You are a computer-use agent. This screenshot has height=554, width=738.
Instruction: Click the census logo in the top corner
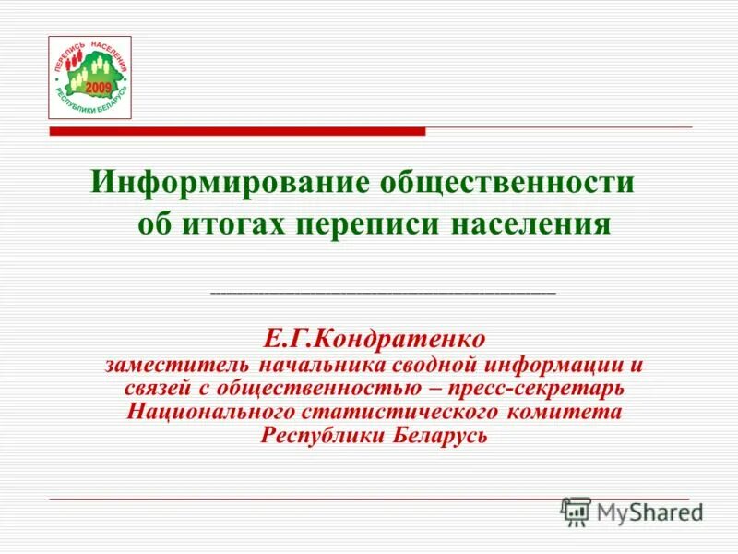(89, 78)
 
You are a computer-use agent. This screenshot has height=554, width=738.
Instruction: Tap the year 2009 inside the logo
(99, 86)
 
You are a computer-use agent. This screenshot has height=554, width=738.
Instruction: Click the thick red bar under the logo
(237, 132)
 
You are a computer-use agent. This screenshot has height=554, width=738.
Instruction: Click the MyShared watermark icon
(576, 510)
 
